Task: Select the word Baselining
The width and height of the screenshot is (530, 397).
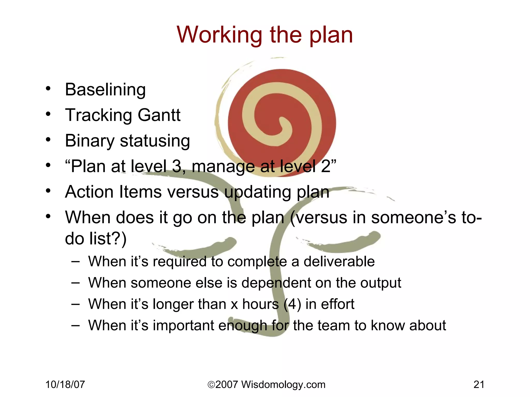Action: point(105,90)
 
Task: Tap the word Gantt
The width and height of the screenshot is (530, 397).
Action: point(159,115)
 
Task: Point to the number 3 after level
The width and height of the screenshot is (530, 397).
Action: point(177,166)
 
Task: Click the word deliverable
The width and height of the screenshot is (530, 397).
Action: point(339,262)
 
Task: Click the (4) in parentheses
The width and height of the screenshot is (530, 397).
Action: point(292,304)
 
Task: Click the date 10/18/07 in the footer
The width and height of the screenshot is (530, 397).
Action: point(65,385)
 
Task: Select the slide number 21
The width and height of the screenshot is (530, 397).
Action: point(479,385)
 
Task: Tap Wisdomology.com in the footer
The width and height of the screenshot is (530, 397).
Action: point(283,385)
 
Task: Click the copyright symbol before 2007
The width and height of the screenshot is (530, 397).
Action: point(211,385)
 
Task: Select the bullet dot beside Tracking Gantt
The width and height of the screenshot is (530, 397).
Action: point(48,114)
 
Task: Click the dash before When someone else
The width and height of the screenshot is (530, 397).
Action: point(75,283)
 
